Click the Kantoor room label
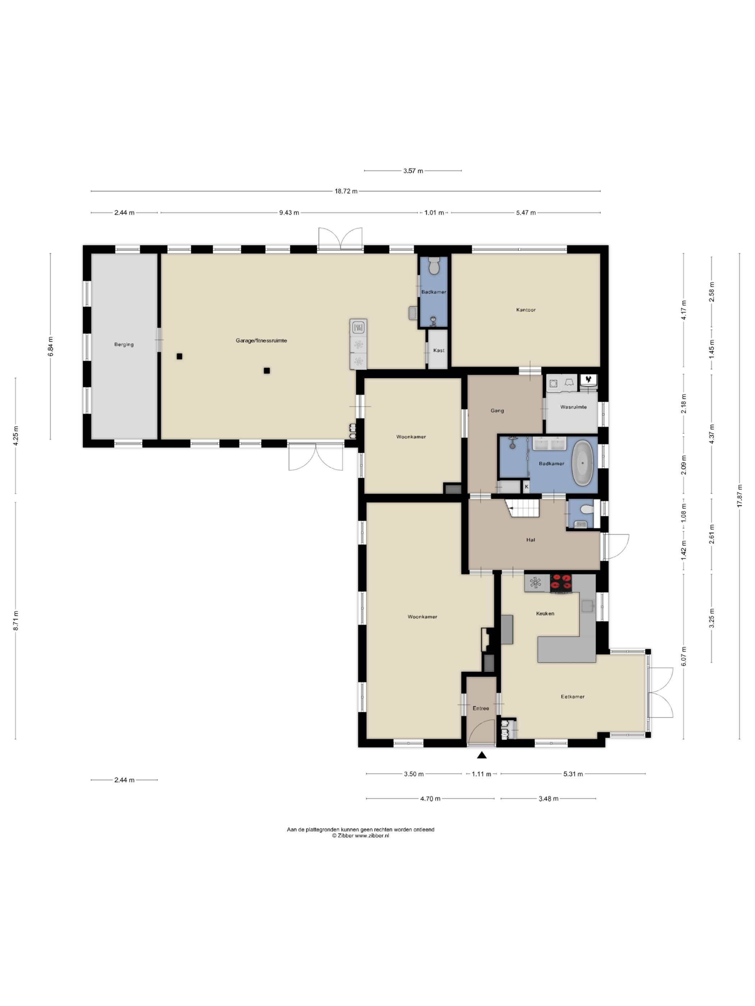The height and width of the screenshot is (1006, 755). coord(526,310)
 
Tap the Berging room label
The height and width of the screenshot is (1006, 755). coord(124,344)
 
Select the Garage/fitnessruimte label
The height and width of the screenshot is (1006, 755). coord(261,340)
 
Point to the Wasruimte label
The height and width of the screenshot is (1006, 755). coord(573,407)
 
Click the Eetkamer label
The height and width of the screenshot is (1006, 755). coord(572,696)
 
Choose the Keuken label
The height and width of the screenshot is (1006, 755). coord(545,613)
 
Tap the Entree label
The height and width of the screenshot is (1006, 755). coord(481,708)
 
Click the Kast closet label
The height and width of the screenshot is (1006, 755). coord(439,350)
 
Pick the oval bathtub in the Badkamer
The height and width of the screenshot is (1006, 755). coord(583,462)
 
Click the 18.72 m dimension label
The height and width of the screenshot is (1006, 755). coord(346,191)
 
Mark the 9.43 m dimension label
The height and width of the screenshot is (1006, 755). coord(289,212)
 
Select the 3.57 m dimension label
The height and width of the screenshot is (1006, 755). coord(413,171)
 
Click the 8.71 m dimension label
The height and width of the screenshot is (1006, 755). coord(16,620)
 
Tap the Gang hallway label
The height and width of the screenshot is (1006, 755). coord(497,410)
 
